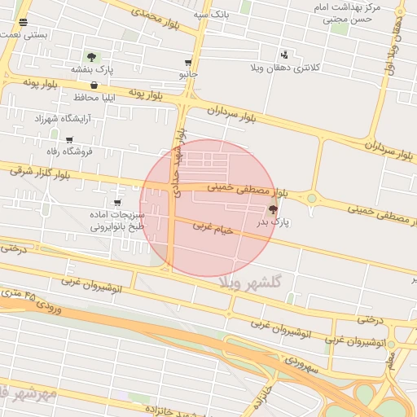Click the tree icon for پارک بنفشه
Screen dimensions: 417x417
91,57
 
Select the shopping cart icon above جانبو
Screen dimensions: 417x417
188,63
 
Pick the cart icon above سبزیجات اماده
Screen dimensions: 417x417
117,202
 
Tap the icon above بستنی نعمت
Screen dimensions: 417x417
22,23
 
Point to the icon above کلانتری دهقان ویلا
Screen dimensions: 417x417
283,54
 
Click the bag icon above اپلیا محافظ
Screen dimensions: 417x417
94,85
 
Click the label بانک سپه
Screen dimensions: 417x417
213,15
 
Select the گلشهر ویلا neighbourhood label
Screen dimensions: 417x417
250,281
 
